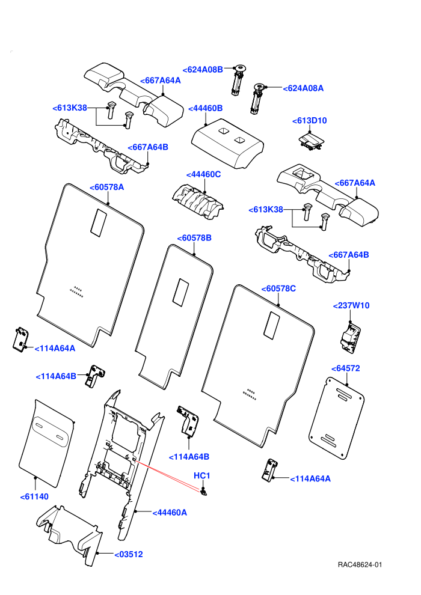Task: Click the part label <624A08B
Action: coord(203,70)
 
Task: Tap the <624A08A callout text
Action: coord(303,88)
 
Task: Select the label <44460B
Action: coord(205,109)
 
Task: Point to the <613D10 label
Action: coord(309,121)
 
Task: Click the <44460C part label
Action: coord(203,174)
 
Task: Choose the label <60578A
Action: coord(106,188)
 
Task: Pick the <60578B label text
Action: coord(194,239)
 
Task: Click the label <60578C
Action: coord(278,288)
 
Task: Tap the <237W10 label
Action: coord(351,306)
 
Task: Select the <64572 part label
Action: coord(345,368)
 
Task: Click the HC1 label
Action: coord(202,476)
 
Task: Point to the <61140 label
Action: coord(34,496)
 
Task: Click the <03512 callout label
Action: coord(129,554)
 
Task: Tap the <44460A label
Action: coord(170,513)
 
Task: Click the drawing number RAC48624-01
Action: coord(360,564)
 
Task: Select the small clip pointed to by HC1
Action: coord(204,492)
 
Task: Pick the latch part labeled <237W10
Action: coord(350,337)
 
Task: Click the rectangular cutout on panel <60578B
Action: coord(180,293)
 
